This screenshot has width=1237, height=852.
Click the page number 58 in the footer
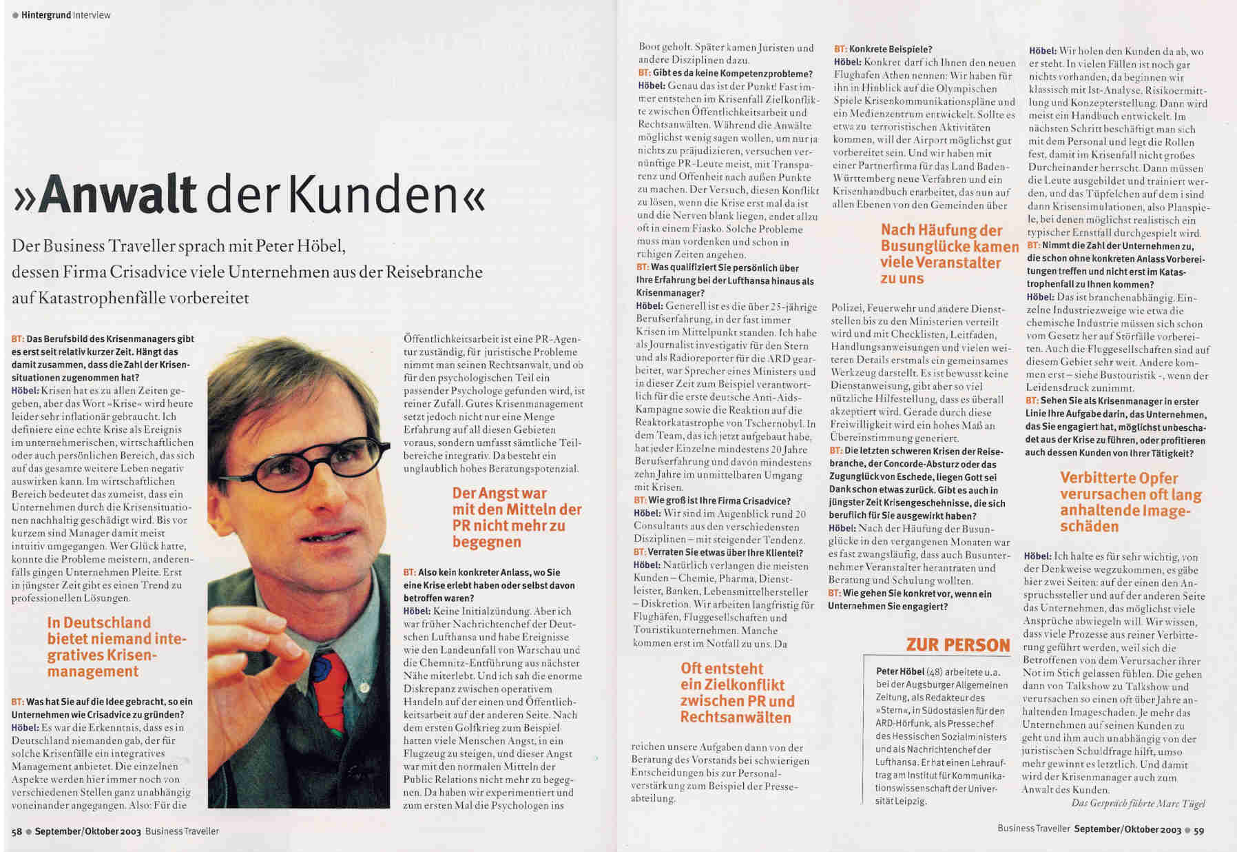[x=17, y=831]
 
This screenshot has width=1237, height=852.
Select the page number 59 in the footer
[x=1199, y=831]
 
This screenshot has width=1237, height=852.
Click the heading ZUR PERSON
[x=958, y=645]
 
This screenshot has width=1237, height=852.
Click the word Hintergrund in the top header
[x=45, y=14]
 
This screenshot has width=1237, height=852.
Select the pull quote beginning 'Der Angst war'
[x=517, y=517]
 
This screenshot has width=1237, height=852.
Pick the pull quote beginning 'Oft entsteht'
[x=737, y=693]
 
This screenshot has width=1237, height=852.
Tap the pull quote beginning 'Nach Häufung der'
[x=950, y=254]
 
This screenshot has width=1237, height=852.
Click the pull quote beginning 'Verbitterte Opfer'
[x=1130, y=502]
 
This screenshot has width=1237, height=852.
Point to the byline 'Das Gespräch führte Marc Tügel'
[x=1138, y=803]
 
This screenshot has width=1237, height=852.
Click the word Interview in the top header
[x=92, y=14]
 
